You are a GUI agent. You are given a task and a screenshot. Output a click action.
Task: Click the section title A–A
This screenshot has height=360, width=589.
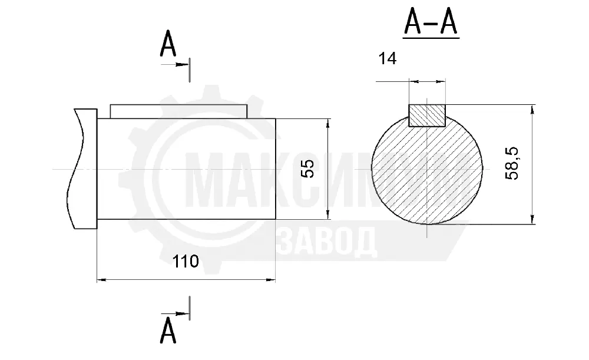[x=431, y=22]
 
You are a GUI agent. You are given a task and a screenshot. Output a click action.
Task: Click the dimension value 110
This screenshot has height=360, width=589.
[x=185, y=261]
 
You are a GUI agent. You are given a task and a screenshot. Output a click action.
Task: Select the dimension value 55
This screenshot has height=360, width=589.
[x=307, y=169]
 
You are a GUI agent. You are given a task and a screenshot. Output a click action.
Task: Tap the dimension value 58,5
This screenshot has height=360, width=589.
[x=512, y=163]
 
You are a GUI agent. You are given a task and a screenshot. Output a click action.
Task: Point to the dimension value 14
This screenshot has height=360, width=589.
[x=388, y=58]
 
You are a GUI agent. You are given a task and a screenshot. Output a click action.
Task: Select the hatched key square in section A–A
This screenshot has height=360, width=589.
[x=426, y=115]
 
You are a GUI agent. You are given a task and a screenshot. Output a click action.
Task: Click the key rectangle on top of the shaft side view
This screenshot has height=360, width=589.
[x=179, y=111]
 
